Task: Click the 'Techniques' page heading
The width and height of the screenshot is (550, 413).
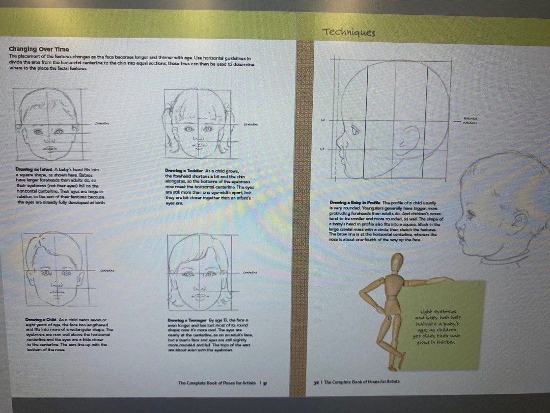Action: coord(349,33)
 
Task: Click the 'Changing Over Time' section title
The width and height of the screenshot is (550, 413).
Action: coord(39,49)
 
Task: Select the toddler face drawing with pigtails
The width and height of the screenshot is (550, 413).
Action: coord(199,122)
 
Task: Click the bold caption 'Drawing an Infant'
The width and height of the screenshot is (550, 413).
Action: coord(34,169)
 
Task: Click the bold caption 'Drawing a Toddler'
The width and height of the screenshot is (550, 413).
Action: coord(184,170)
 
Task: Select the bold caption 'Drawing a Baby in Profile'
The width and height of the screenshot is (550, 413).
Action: coord(355,202)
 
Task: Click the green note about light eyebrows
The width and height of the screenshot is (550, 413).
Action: coord(438,326)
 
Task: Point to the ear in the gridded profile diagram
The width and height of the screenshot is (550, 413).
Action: coord(410,140)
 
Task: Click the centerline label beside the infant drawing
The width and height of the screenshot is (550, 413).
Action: coord(102,123)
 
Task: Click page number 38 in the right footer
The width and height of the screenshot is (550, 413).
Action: coord(316,382)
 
